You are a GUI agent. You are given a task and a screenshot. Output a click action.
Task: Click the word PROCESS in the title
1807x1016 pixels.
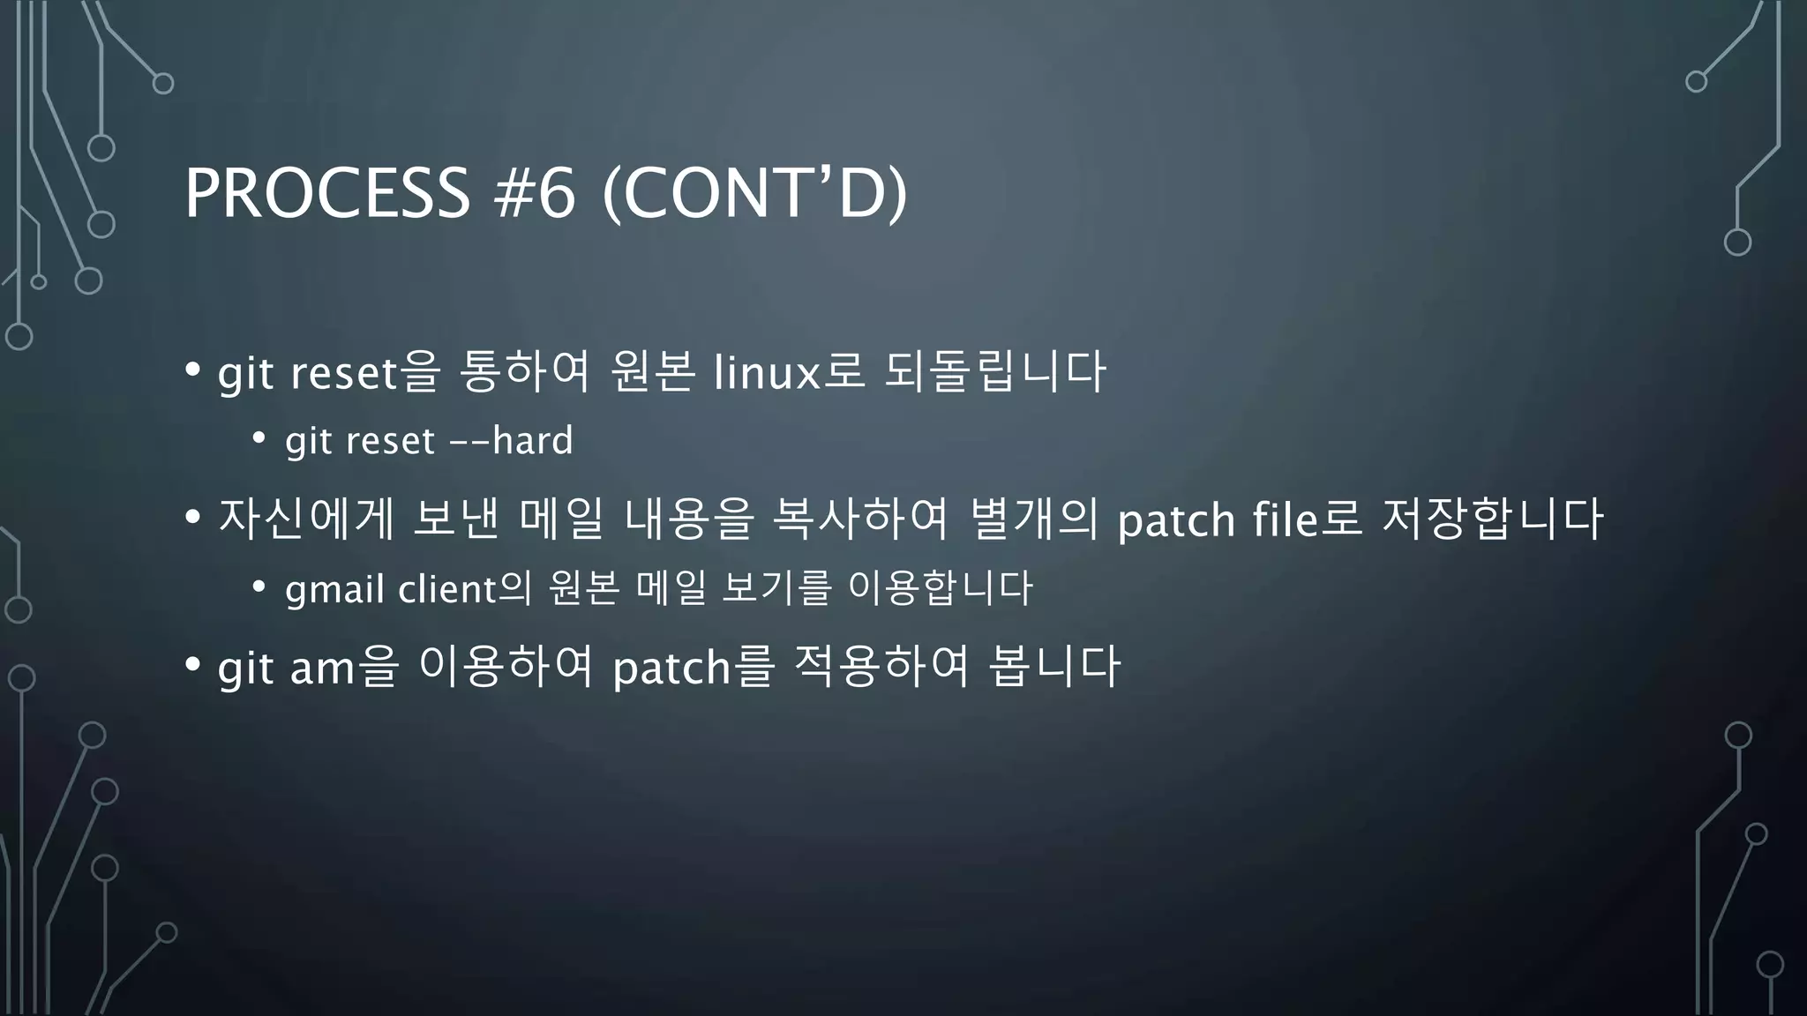click(327, 193)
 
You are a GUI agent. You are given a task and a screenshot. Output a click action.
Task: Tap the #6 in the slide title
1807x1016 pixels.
click(535, 193)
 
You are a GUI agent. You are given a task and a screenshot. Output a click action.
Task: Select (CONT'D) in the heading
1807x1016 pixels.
click(754, 193)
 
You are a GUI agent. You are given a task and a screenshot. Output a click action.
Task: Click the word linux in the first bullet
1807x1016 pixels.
click(767, 372)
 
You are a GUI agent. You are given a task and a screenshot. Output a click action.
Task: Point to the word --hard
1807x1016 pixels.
click(512, 440)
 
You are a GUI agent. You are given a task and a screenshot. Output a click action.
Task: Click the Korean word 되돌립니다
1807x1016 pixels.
click(994, 372)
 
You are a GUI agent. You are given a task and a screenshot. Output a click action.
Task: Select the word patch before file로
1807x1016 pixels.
click(1176, 519)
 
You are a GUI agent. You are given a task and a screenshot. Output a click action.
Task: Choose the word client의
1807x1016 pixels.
click(465, 588)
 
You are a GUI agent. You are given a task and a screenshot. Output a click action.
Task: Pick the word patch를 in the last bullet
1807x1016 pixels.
click(693, 667)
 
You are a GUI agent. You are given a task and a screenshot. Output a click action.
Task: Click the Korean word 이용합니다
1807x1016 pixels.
click(940, 588)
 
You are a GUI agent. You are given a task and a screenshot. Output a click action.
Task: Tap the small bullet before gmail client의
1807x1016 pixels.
click(259, 586)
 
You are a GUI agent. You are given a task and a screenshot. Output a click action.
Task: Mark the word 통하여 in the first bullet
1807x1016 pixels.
click(524, 372)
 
